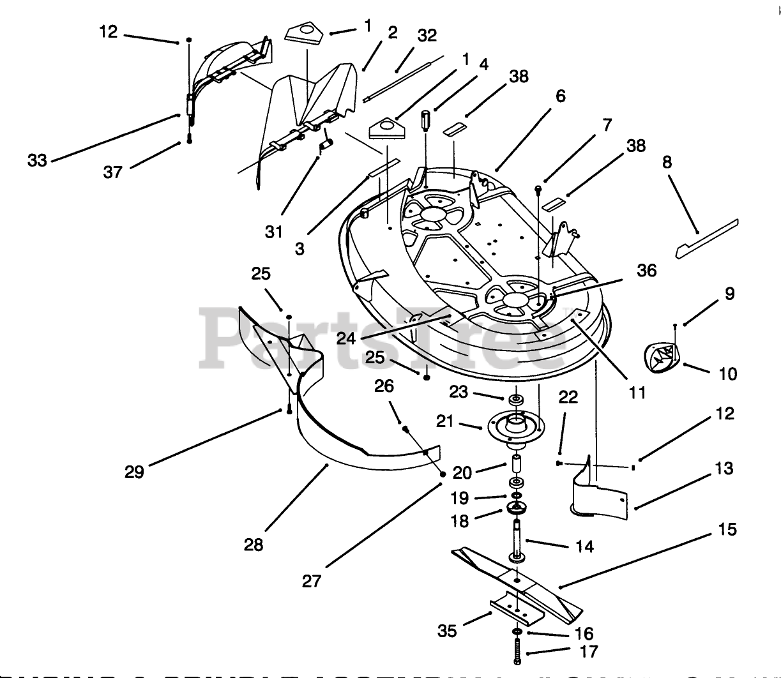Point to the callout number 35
coord(447,631)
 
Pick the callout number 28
coord(253,545)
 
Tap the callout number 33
coord(38,160)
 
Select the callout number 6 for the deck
coord(560,96)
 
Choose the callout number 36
coord(646,271)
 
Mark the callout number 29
coord(135,472)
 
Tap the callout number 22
coord(568,397)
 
